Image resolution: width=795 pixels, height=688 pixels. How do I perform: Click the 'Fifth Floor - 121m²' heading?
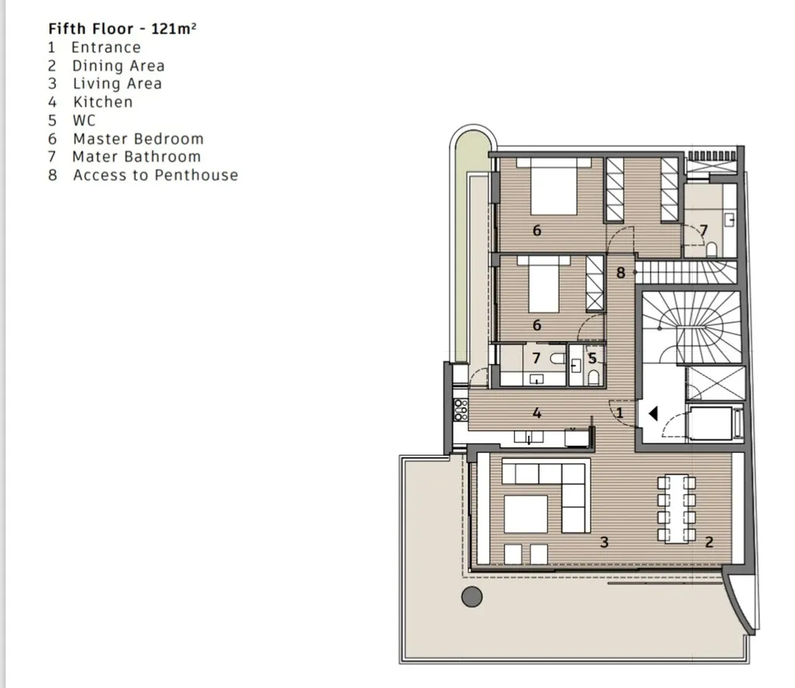pos(122,29)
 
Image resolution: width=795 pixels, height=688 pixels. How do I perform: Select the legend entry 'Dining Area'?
pos(118,66)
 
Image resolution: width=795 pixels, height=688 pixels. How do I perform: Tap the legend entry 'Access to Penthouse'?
pos(155,175)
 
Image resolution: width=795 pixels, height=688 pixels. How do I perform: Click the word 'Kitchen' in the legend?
pos(103,102)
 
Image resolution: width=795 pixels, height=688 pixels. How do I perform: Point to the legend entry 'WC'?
pos(84,120)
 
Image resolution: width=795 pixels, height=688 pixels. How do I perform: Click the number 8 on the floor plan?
pos(620,273)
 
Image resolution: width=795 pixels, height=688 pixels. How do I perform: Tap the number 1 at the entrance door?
pos(620,412)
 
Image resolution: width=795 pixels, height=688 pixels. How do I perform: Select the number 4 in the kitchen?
pos(537,412)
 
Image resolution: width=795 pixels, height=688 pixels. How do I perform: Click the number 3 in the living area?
pos(604,542)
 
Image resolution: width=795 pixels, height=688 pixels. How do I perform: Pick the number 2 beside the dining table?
pos(709,542)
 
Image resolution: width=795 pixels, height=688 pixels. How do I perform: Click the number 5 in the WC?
pos(592,359)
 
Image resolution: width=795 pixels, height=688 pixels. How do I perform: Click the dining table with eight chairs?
pos(676,509)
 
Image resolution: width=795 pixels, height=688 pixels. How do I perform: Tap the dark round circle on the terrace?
pos(472,596)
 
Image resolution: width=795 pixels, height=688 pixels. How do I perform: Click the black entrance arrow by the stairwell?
pos(653,414)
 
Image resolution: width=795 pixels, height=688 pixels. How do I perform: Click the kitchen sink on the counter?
pos(528,436)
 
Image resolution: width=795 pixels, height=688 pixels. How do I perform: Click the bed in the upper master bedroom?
pos(554,186)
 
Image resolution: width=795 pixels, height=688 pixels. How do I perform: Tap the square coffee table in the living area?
pos(526,514)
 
